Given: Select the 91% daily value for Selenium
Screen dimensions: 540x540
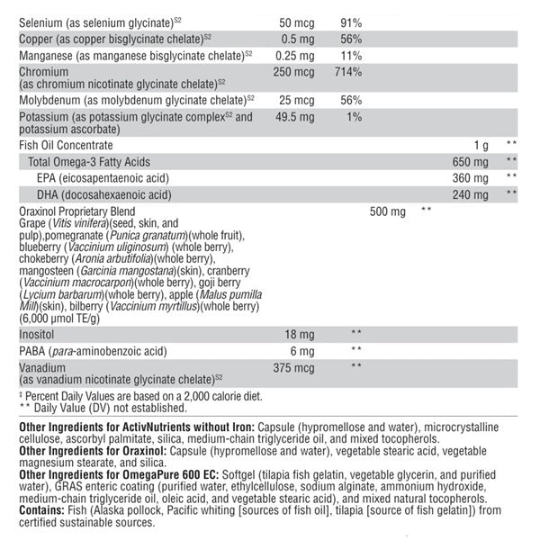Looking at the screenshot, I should tap(351, 22).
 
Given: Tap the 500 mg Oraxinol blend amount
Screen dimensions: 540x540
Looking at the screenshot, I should tap(388, 211).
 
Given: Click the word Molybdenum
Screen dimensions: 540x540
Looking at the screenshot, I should tap(50, 99).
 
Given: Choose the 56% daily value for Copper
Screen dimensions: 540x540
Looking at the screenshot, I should tap(351, 39).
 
